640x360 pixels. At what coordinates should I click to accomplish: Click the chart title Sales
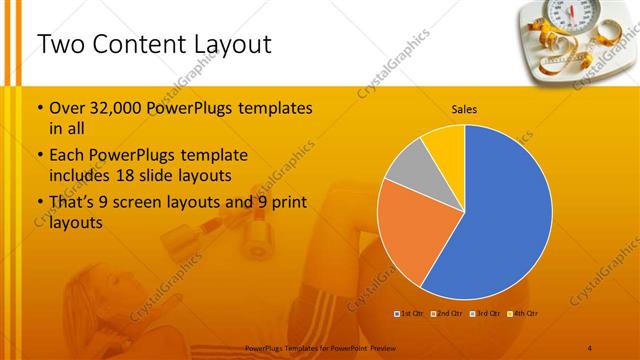(x=464, y=108)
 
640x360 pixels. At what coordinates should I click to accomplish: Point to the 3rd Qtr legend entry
(x=484, y=314)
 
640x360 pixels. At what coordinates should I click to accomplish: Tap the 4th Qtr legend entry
(x=523, y=314)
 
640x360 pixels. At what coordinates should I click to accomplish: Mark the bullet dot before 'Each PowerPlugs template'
(x=39, y=156)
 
